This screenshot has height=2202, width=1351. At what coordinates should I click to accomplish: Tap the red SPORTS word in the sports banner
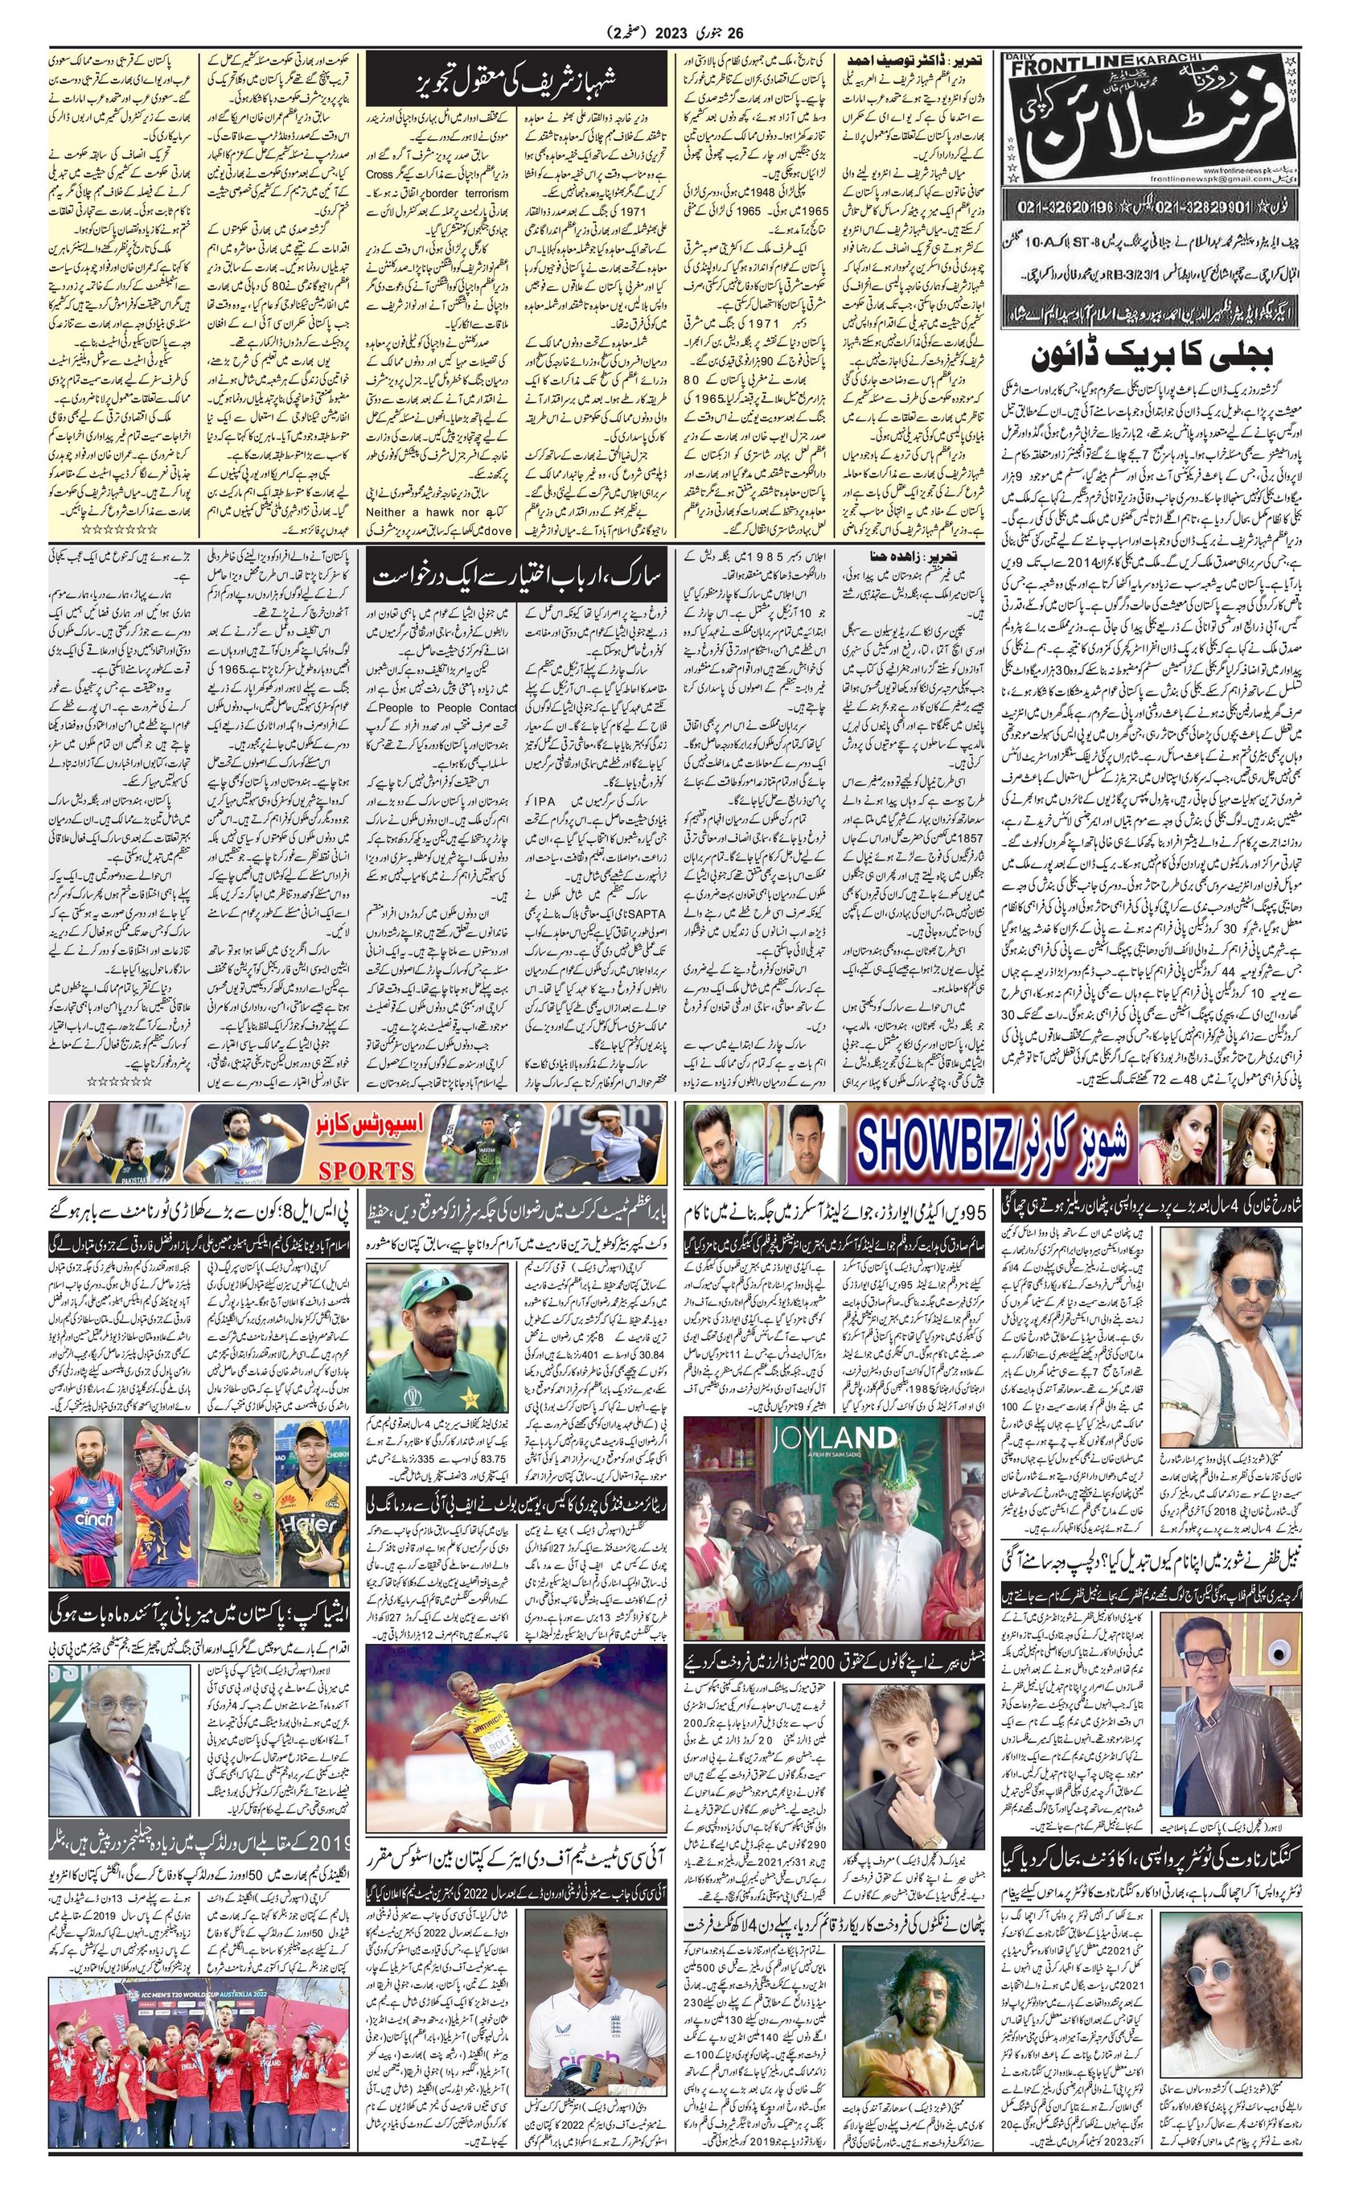(x=367, y=1171)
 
